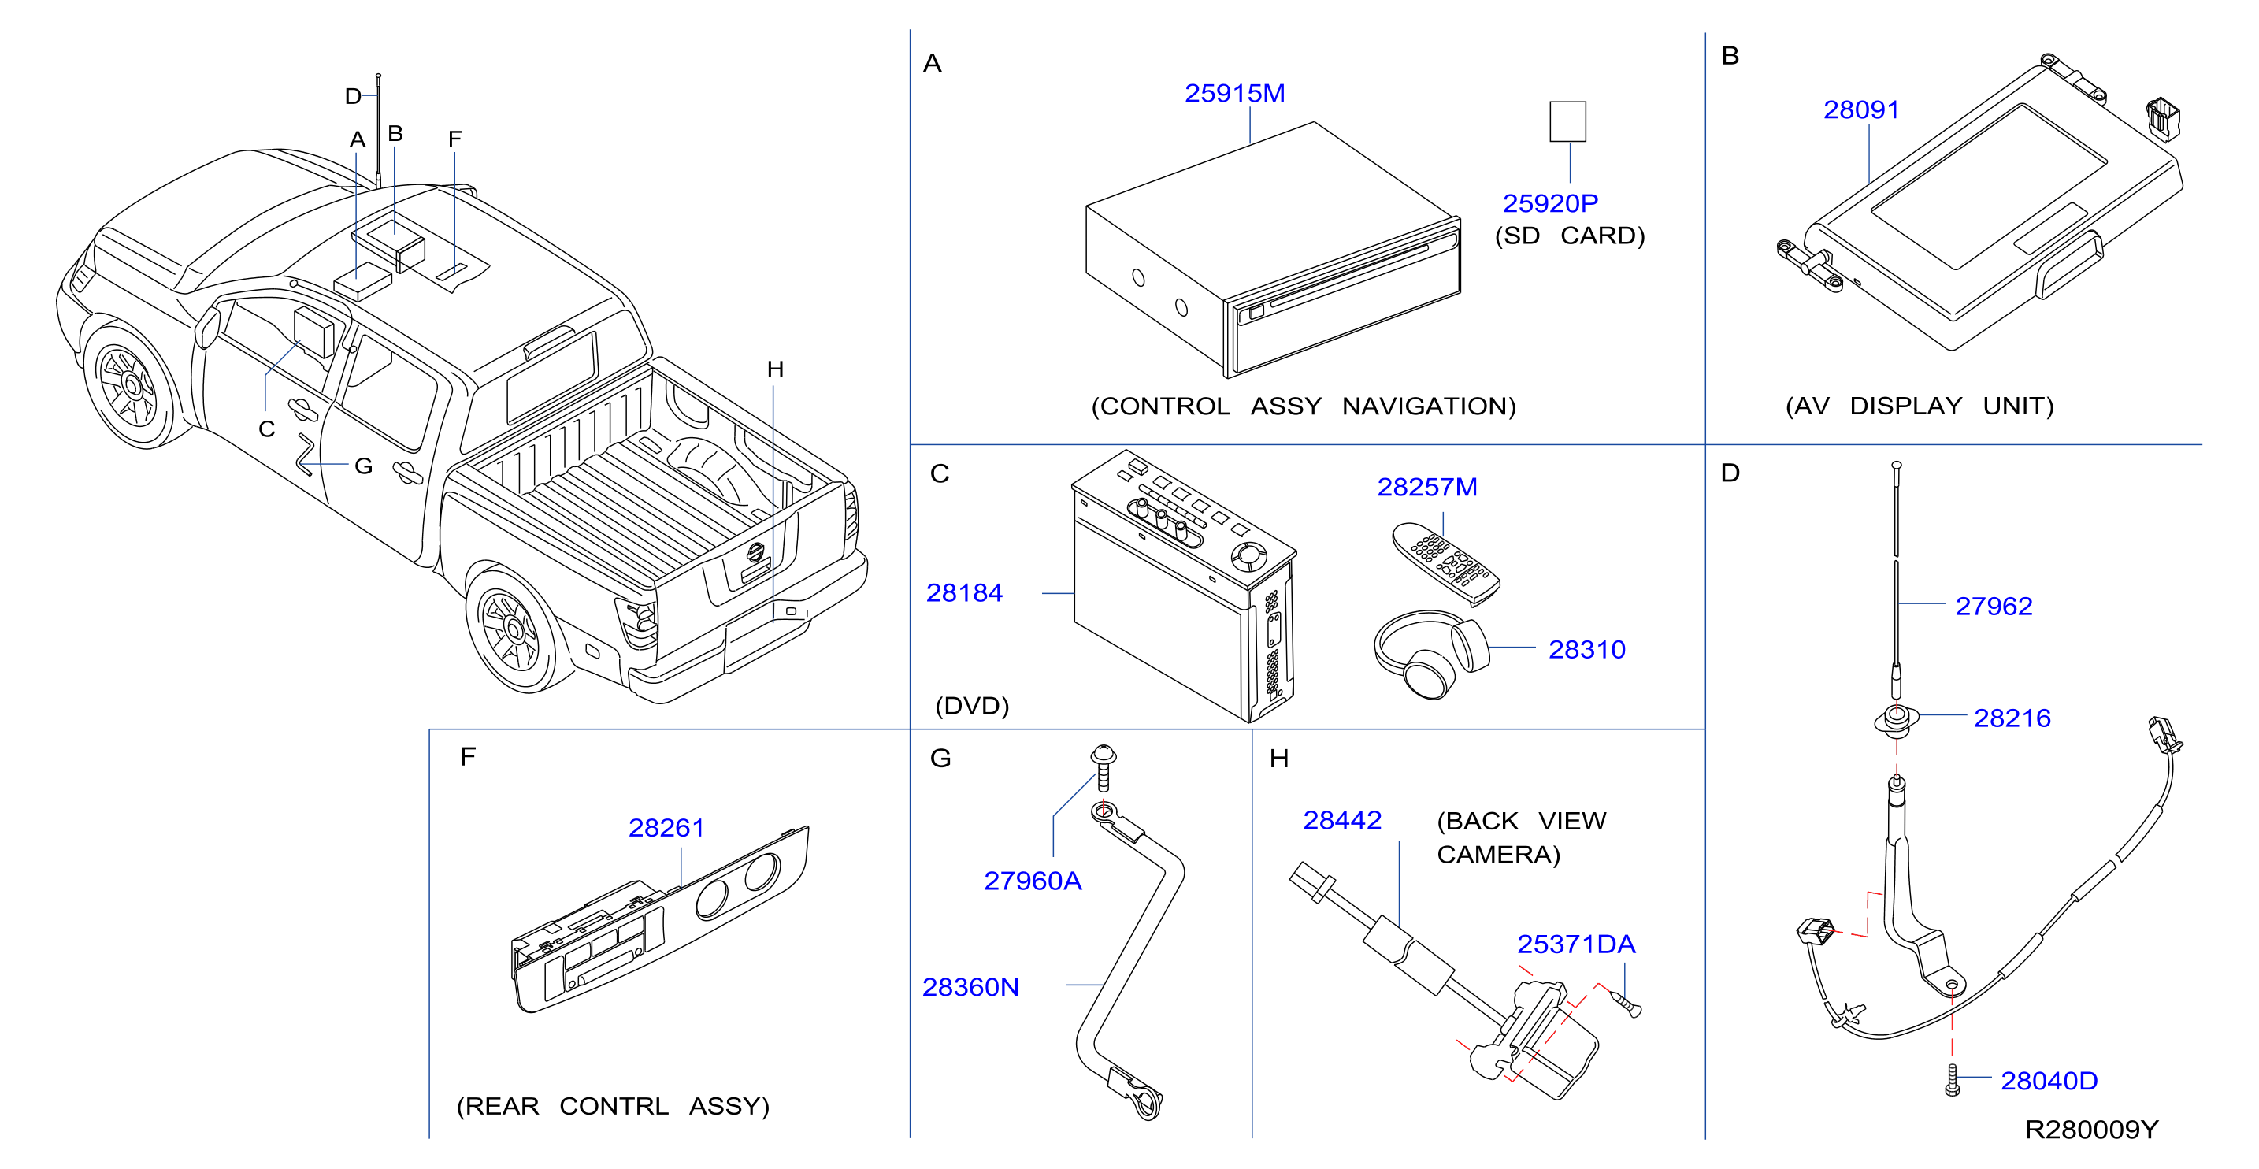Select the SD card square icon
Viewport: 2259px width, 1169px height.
pos(1567,121)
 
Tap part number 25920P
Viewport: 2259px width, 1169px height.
pos(1549,203)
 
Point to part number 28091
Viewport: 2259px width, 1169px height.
pos(1861,109)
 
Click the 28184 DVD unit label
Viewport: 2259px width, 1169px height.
pos(964,593)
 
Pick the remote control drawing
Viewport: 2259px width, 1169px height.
pos(1445,562)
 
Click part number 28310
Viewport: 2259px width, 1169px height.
pos(1586,650)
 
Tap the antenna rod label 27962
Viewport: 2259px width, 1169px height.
pos(1994,606)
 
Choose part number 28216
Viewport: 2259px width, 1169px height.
pos(2012,718)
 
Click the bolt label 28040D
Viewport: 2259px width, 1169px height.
pos(2049,1082)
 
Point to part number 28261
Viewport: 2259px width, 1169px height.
pos(666,828)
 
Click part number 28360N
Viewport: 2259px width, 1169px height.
pos(970,988)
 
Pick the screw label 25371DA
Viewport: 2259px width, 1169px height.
pos(1576,944)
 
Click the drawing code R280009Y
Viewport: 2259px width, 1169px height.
pos(2090,1130)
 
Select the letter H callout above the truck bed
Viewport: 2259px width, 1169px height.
pos(775,369)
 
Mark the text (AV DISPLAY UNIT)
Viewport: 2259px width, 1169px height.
pos(1920,406)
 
